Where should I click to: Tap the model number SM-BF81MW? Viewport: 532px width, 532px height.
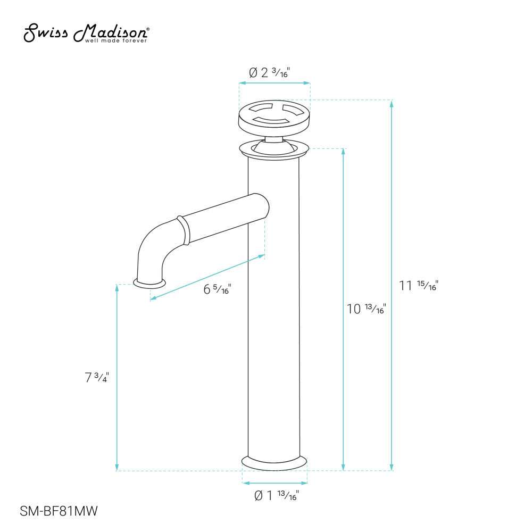[x=59, y=511]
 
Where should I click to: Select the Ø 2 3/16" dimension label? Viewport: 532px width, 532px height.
[x=276, y=73]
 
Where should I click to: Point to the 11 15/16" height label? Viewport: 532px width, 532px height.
[x=418, y=286]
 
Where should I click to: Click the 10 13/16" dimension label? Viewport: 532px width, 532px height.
[x=366, y=309]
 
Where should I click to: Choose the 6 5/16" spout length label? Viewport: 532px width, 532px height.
[x=217, y=290]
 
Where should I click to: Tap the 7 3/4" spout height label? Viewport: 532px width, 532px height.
[x=96, y=378]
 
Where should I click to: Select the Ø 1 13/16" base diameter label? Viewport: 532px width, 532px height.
[x=276, y=496]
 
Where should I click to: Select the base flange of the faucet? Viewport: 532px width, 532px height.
[x=275, y=462]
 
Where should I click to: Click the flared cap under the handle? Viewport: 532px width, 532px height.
[x=274, y=149]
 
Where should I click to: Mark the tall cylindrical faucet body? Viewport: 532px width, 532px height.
[x=274, y=319]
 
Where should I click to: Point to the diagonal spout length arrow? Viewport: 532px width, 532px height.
[x=207, y=277]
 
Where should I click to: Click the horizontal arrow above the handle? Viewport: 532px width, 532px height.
[x=275, y=83]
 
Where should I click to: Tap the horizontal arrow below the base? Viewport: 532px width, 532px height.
[x=275, y=483]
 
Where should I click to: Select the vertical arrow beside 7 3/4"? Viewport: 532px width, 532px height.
[x=117, y=378]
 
